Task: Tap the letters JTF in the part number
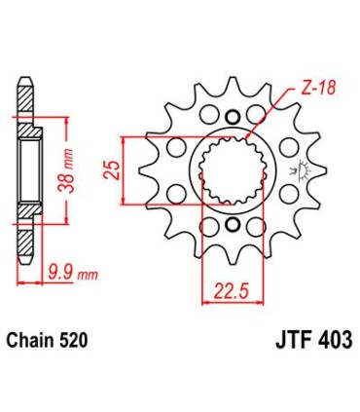(282, 342)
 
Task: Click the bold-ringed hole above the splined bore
(232, 118)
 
